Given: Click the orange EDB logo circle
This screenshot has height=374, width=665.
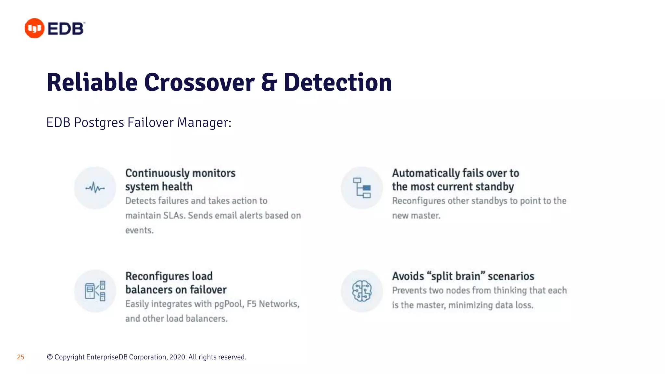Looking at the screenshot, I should [x=34, y=28].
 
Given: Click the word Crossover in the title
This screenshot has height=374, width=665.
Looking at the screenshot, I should [x=199, y=82].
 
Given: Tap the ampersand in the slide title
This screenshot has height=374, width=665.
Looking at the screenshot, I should [x=269, y=82].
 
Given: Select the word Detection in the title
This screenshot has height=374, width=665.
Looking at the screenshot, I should [x=338, y=82].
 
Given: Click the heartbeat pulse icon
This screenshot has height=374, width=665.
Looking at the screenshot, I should [x=95, y=188].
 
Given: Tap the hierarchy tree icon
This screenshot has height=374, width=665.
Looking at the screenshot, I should [x=362, y=188].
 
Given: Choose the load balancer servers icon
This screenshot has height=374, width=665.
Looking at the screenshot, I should [x=95, y=291].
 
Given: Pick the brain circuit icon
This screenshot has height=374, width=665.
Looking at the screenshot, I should [x=362, y=291].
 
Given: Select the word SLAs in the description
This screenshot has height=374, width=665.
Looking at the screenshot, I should [x=174, y=215].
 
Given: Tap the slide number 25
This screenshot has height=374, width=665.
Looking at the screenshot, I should [x=20, y=357].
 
